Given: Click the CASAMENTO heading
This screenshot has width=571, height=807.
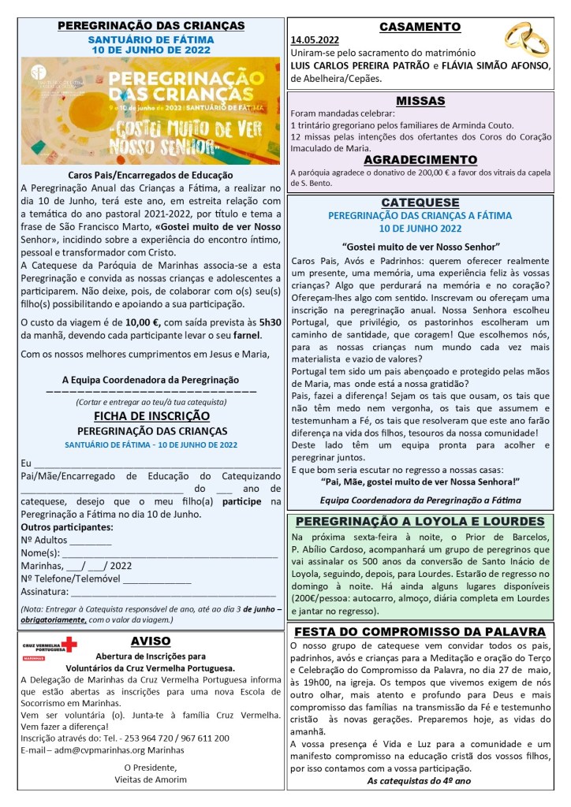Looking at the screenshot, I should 420,27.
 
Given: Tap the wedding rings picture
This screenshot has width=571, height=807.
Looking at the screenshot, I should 527,39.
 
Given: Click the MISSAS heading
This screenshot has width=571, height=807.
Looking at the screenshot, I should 420,101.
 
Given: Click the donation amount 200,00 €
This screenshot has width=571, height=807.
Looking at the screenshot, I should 419,173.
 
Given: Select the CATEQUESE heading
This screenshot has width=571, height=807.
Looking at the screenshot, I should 420,203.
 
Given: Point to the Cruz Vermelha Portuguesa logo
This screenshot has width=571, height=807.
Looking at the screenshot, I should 49,647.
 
